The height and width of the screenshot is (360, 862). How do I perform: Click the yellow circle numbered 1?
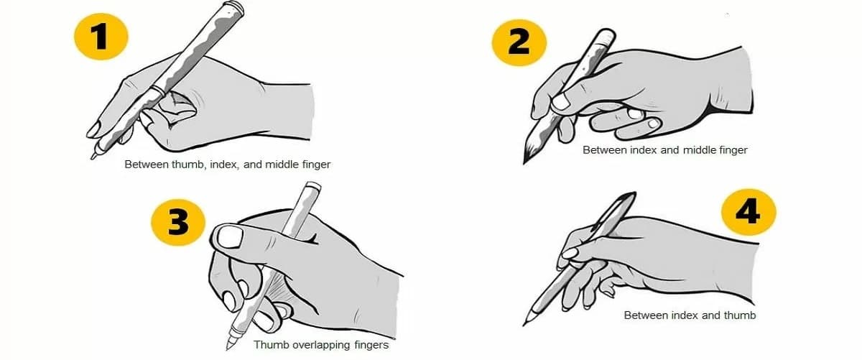pos(101,37)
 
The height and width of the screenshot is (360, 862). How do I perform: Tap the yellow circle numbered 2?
pos(519,42)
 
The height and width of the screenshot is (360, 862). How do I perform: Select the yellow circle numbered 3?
pos(178,222)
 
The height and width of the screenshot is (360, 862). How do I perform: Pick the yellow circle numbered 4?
pos(748,212)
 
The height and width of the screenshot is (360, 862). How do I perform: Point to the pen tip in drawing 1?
pos(93,157)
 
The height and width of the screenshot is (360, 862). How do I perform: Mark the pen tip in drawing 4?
pos(524,323)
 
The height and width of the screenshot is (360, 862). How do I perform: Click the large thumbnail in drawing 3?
pos(230,237)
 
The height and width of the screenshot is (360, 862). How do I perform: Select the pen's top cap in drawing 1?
pos(234,9)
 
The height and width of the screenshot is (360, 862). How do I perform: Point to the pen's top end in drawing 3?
pos(312,186)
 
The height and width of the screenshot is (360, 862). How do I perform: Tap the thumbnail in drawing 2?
pos(561,102)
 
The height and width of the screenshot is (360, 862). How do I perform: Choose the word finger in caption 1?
pos(316,165)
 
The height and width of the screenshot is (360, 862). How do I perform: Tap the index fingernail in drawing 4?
pos(570,253)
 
